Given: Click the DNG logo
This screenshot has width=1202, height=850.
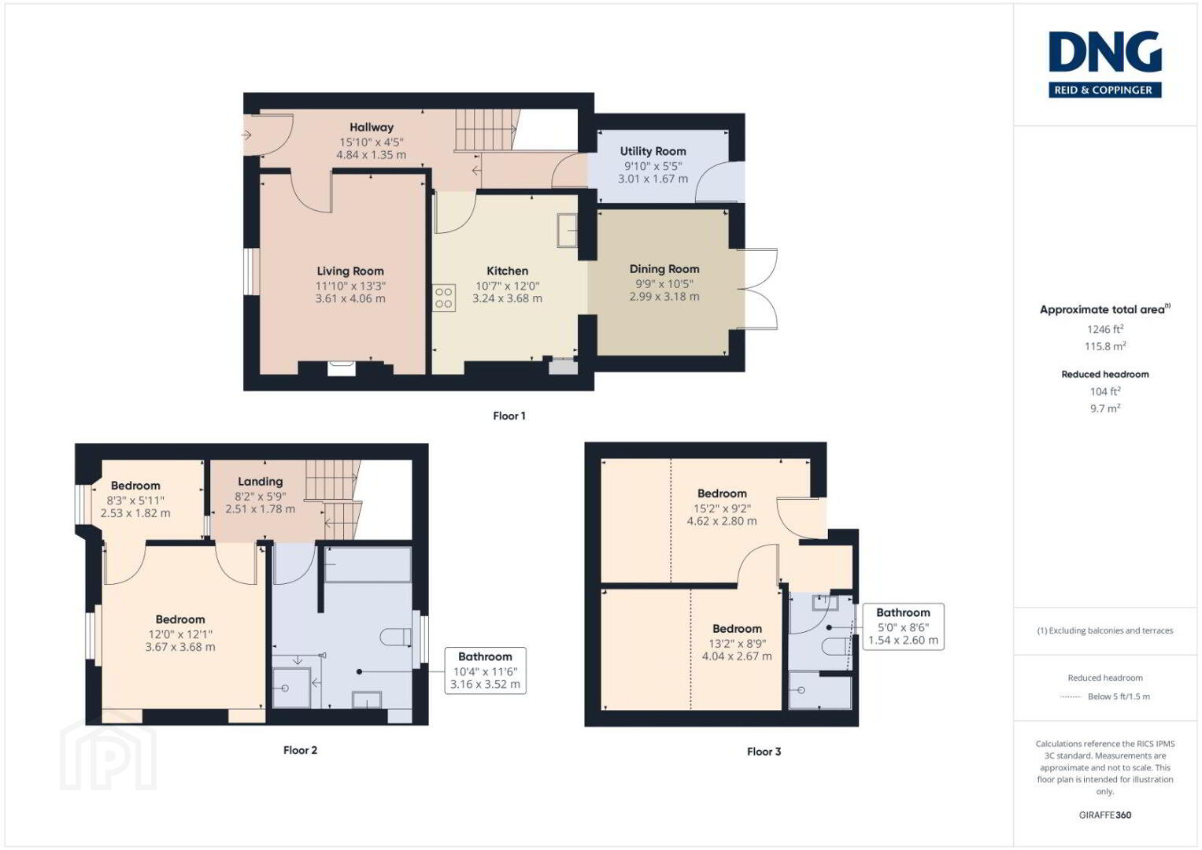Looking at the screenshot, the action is coord(1105,64).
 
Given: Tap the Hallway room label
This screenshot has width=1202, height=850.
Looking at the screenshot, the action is coord(372,128).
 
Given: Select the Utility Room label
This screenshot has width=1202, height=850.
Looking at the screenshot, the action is coord(653,151).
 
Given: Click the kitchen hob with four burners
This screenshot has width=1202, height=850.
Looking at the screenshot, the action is coord(444,297).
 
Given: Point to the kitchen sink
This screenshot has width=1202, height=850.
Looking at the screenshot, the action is coord(567,230).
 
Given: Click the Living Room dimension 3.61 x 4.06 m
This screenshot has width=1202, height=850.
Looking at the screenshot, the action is coord(350,298).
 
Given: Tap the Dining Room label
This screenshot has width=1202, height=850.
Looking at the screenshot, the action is coord(664,269).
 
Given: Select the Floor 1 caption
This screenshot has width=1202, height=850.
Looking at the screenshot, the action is coord(509,416).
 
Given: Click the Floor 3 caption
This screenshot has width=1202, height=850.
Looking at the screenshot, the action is coord(764,752).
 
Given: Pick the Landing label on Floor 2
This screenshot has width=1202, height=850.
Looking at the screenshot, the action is coord(261,482).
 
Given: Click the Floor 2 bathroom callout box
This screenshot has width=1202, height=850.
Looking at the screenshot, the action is coord(485,671).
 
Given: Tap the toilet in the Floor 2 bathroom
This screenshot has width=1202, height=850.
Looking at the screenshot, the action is coord(396,637).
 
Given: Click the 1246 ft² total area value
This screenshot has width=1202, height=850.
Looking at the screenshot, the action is coord(1105,329).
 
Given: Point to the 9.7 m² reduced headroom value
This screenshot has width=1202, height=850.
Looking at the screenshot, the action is coord(1105,408).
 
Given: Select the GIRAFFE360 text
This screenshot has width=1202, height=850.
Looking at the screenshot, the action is coord(1105,815).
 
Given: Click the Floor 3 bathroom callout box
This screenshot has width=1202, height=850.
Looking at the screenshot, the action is coord(903,626).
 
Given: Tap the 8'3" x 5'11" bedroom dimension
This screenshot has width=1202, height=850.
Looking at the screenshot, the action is coord(135,500).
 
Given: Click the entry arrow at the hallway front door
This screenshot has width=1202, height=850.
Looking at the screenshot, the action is coord(246,135).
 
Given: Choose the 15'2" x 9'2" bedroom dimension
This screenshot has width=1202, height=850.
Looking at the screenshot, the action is coord(722,508).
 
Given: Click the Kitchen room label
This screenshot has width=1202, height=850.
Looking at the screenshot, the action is coord(507,271).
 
